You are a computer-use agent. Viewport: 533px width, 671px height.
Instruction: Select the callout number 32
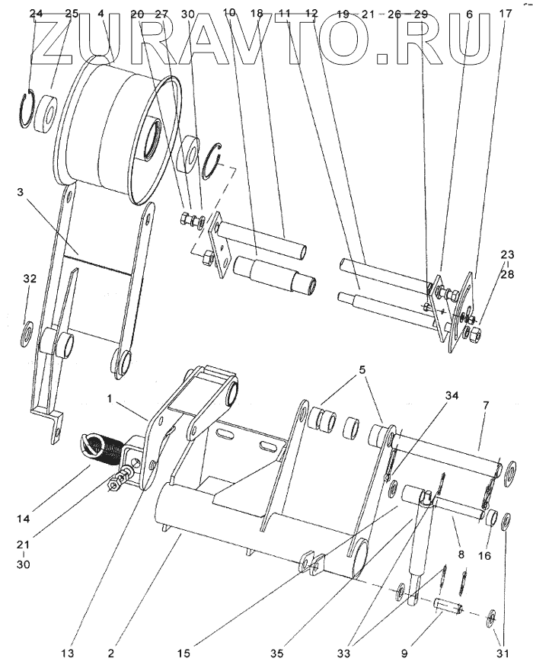[30, 279]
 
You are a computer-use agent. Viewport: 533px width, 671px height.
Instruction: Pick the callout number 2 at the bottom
[111, 653]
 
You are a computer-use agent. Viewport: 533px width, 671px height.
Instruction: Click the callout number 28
[507, 273]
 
